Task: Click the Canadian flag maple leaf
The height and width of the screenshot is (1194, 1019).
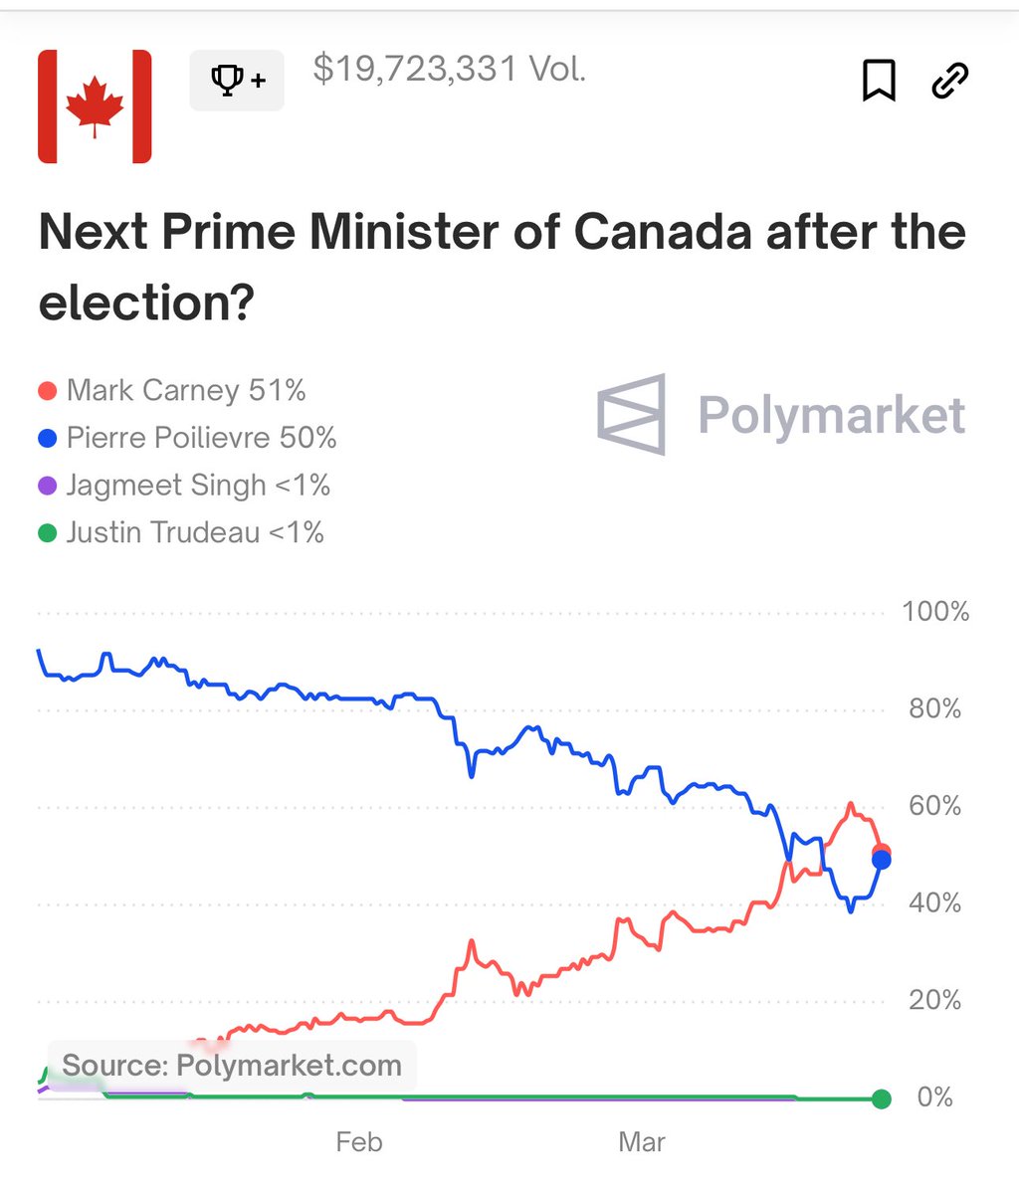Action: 95,106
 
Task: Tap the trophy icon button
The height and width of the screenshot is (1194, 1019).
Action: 237,80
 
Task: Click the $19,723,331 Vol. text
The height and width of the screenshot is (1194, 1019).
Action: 449,69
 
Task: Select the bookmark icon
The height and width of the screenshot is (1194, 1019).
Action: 878,80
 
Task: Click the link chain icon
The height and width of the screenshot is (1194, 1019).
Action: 949,80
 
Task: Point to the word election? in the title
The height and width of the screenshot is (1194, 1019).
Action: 146,302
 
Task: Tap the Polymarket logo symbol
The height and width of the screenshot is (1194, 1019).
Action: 632,414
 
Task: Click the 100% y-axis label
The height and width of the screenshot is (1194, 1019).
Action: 934,612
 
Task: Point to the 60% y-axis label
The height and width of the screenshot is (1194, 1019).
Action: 934,806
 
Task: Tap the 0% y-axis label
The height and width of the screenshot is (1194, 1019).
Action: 934,1097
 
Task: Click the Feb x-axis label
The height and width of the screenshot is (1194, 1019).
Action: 359,1142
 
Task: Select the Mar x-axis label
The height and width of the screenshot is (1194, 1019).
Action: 642,1142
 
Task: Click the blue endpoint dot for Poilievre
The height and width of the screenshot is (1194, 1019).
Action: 881,861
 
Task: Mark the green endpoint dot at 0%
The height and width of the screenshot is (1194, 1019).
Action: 881,1098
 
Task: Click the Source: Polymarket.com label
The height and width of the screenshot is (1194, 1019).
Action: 231,1066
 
